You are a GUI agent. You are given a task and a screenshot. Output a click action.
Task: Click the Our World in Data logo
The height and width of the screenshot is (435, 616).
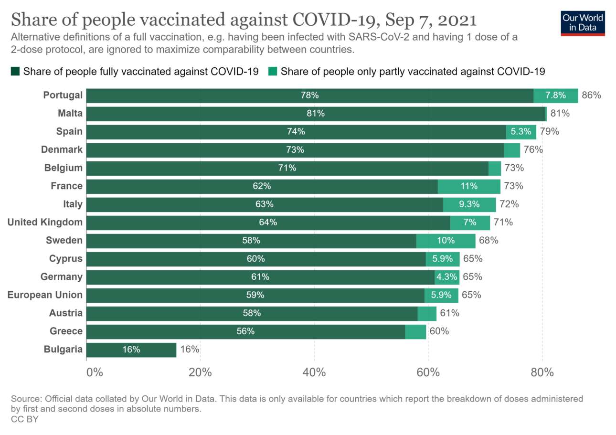(x=583, y=23)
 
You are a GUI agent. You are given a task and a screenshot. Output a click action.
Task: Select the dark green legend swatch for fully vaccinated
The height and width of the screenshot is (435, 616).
(x=15, y=72)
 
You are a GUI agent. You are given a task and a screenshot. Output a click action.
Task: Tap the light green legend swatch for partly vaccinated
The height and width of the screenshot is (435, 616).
(x=273, y=72)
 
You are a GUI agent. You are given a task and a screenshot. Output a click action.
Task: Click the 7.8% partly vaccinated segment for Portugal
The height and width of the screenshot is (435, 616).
(x=555, y=95)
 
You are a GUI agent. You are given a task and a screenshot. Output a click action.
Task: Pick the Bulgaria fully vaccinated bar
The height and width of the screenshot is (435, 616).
(x=131, y=350)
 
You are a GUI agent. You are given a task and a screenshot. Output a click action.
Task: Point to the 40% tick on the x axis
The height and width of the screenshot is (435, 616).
(x=314, y=372)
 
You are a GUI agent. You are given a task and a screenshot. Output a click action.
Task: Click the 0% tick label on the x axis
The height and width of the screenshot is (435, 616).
(x=95, y=372)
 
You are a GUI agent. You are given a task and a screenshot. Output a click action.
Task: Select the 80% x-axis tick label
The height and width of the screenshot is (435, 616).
(x=542, y=372)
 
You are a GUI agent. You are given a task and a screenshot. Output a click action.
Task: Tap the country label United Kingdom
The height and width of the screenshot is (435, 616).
(x=45, y=222)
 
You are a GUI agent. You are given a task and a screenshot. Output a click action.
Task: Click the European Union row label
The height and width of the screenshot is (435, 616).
(x=45, y=295)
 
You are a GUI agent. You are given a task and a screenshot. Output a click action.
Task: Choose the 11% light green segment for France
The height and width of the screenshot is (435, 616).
(x=469, y=186)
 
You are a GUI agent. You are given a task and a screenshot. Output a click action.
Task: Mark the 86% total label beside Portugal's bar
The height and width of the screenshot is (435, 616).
(x=591, y=95)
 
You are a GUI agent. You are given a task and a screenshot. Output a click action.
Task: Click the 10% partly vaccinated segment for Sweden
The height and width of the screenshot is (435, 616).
(x=446, y=241)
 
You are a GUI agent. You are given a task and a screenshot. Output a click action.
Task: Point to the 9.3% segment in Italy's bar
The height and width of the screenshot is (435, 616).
(x=469, y=204)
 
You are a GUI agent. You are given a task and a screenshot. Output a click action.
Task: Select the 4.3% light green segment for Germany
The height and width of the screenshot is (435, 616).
(x=447, y=277)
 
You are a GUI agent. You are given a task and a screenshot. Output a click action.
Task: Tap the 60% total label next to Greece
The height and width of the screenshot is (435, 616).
(x=439, y=331)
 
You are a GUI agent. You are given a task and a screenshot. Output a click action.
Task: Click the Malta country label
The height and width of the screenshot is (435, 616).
(x=70, y=114)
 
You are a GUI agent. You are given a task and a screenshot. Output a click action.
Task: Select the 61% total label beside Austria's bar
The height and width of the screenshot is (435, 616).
(x=449, y=313)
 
